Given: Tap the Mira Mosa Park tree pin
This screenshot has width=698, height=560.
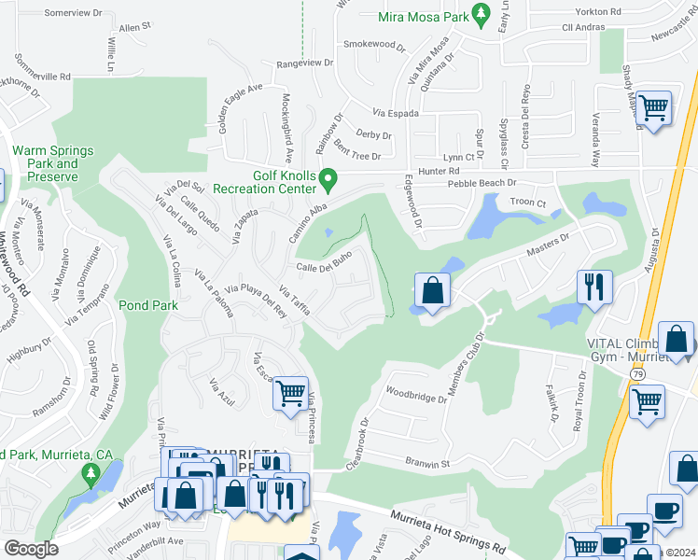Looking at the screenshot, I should click(482, 13).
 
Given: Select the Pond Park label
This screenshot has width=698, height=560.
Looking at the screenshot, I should click(142, 304).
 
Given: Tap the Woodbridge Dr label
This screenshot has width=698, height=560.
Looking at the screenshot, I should click(416, 397).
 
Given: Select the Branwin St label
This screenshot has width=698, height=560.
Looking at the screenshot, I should click(427, 462).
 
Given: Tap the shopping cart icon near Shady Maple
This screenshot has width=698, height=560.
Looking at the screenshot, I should click(653, 108).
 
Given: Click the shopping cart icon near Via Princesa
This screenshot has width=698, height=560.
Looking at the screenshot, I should click(290, 393).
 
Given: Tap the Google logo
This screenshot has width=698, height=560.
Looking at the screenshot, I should click(31, 549).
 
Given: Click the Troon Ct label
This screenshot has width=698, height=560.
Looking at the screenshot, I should click(527, 202).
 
